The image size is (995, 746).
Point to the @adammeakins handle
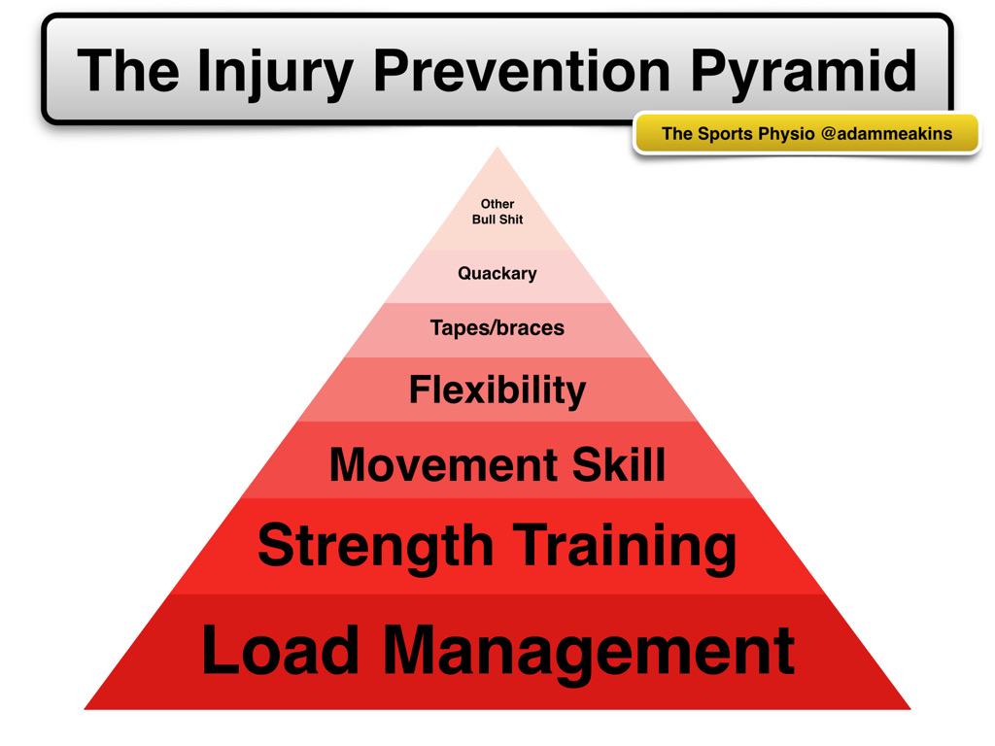(x=887, y=134)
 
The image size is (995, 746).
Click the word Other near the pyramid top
(x=497, y=204)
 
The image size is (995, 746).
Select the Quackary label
(x=497, y=274)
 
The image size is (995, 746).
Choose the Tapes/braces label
(x=497, y=328)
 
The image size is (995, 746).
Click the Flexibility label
(x=497, y=390)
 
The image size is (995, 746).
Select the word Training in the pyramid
(x=623, y=545)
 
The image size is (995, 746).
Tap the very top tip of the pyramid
(x=497, y=149)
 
